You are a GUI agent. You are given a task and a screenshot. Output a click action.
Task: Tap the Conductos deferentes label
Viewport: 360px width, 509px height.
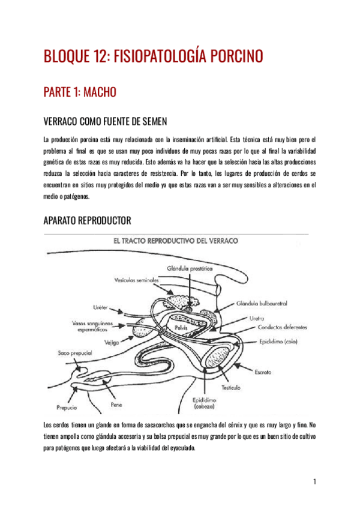point(283,328)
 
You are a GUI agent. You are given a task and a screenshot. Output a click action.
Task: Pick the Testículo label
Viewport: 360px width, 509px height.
point(230,387)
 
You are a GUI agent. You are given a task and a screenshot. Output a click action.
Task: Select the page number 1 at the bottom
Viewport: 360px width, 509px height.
point(314,482)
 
